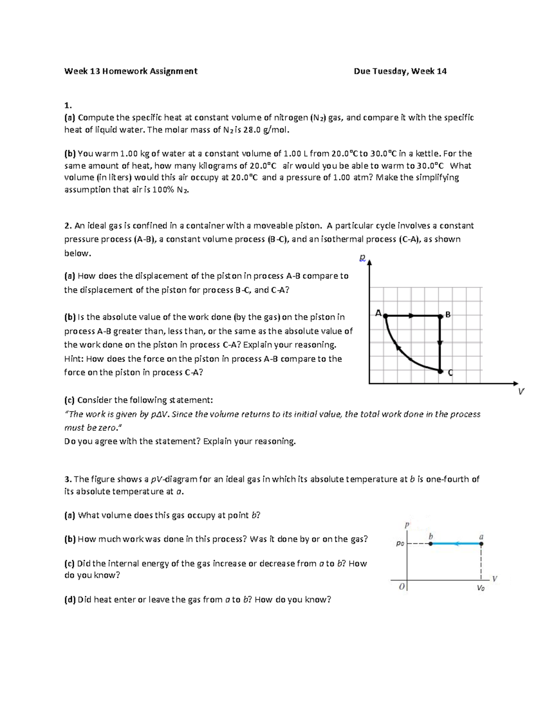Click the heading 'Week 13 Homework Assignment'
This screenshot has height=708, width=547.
(131, 71)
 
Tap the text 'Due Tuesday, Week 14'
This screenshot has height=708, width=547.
(400, 71)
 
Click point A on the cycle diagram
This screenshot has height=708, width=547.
(386, 315)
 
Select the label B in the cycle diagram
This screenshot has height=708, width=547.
(448, 315)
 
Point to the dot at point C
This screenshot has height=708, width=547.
(440, 372)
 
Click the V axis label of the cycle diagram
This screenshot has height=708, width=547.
(521, 392)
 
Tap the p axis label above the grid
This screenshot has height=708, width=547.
(362, 258)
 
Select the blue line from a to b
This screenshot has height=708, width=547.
(456, 543)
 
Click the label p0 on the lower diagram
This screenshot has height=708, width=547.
(400, 543)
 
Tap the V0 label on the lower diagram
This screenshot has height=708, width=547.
(480, 588)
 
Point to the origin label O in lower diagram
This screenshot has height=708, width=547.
(401, 587)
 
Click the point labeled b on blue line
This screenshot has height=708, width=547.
(430, 543)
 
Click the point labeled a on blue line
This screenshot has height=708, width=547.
(481, 543)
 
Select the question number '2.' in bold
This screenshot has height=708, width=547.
(68, 226)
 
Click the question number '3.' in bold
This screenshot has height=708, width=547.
(68, 479)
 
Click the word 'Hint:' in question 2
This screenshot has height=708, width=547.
(74, 359)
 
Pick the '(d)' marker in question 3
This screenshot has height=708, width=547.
(70, 599)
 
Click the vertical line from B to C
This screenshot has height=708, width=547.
(440, 343)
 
